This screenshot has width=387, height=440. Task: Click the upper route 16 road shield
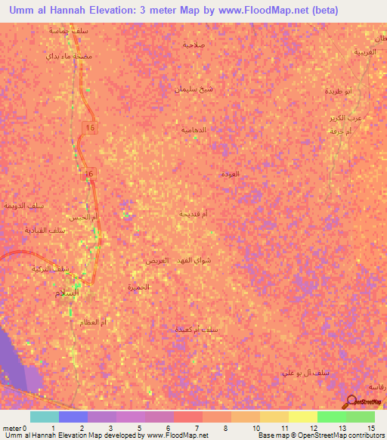[x=91, y=128]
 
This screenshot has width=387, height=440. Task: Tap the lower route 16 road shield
[x=89, y=173]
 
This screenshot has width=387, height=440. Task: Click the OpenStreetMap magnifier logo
[x=352, y=403]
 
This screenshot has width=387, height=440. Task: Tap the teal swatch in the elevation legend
[x=44, y=417]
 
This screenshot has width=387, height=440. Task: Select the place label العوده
[x=230, y=175]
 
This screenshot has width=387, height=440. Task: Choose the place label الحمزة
[x=140, y=288]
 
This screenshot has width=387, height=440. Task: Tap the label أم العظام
[x=93, y=322]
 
